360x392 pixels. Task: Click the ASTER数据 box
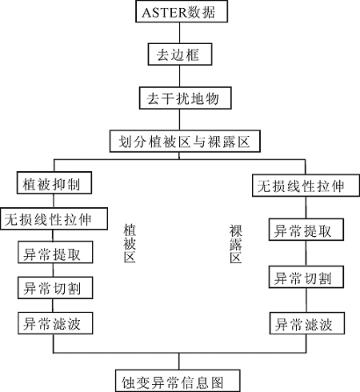182,11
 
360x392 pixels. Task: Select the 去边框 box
180,54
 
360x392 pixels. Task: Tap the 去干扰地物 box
185,98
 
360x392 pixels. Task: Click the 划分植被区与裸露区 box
185,142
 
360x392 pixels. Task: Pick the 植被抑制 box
54,183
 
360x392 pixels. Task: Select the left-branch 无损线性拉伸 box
54,218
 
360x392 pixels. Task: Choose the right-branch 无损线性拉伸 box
306,186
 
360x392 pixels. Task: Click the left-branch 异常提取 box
55,252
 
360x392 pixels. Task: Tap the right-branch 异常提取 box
306,230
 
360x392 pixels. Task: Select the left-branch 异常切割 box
55,288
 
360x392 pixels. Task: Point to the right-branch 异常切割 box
306,277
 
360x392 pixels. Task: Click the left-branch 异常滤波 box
55,323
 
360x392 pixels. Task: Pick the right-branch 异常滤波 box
307,323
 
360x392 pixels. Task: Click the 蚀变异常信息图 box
178,381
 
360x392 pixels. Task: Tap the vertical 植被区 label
130,243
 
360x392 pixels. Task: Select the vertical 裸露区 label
236,244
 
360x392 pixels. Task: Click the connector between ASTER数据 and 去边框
179,33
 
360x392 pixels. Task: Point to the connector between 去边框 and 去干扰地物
179,76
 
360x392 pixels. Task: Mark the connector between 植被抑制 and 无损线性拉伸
54,201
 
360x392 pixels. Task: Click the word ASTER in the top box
164,13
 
